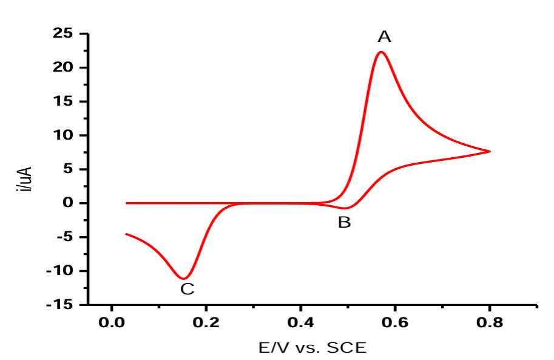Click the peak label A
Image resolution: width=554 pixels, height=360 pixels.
coord(384,37)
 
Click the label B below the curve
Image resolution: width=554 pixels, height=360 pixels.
coord(344,223)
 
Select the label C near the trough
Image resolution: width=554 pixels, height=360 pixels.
coord(187,289)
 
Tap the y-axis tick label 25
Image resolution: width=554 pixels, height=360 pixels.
coord(62,33)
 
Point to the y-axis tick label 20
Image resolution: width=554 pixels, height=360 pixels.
coord(62,67)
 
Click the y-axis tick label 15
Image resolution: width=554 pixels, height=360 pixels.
coord(62,101)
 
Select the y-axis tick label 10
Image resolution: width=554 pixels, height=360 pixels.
coord(62,135)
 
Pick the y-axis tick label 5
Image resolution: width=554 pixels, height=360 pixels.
coord(67,169)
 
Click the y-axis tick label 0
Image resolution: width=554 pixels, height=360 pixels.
coord(67,203)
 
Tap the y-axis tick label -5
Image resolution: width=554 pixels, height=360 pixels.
coord(63,237)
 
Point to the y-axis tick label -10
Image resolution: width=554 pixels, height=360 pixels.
coord(59,271)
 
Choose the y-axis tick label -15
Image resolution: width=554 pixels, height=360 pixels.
coord(59,305)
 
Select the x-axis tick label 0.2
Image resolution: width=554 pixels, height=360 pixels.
coord(206,321)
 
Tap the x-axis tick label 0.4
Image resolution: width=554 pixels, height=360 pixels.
coord(301,321)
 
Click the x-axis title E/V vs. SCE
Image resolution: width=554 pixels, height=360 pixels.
coord(312,347)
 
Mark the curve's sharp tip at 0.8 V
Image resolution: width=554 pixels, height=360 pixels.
coord(489,151)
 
